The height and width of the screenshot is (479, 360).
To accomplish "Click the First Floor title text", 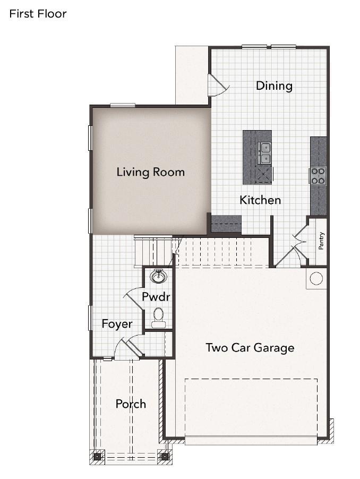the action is click(38, 14).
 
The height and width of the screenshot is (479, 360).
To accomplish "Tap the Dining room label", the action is click(274, 86).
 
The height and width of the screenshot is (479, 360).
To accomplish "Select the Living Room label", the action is click(151, 172).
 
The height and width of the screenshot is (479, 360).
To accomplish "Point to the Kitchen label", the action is click(260, 200).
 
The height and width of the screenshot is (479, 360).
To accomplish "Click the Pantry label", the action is click(321, 241).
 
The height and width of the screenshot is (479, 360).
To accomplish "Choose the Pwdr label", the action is click(156, 296).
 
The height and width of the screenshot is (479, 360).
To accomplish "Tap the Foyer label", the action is click(117, 324).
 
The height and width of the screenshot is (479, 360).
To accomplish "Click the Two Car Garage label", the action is click(250, 348).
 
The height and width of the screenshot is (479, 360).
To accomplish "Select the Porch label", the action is click(131, 404).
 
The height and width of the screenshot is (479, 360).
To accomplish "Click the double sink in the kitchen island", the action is click(265, 153).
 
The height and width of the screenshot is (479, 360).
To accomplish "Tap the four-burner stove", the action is click(318, 176).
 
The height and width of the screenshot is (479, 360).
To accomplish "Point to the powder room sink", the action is click(158, 277).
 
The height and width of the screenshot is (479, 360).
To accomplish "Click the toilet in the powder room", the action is click(158, 318).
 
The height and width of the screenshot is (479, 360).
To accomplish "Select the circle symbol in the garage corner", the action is click(316, 278).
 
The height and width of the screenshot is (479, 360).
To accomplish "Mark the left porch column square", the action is click(97, 457).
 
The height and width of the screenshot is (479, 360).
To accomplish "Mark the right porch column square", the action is click(165, 457).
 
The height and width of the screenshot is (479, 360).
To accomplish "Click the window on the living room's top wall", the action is click(123, 106).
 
